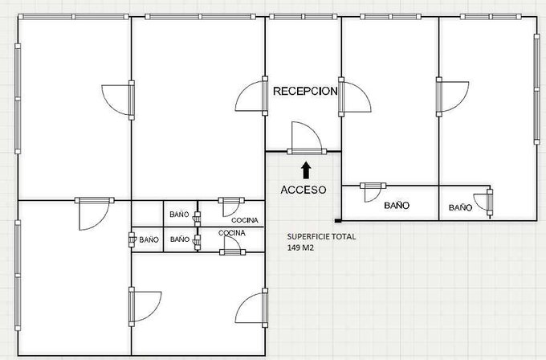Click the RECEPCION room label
(305, 91)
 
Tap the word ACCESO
(304, 190)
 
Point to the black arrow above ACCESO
(306, 170)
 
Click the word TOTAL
(344, 236)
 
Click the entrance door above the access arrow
(307, 138)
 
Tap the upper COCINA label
(245, 220)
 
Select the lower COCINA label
(232, 233)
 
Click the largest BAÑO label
(397, 206)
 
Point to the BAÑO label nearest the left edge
(149, 239)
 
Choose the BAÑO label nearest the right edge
(460, 207)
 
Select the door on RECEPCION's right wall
(355, 96)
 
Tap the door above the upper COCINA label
(231, 207)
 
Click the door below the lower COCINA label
(232, 245)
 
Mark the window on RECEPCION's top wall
(304, 17)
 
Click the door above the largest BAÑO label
(373, 192)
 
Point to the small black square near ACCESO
(338, 221)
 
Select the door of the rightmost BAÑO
(483, 202)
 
